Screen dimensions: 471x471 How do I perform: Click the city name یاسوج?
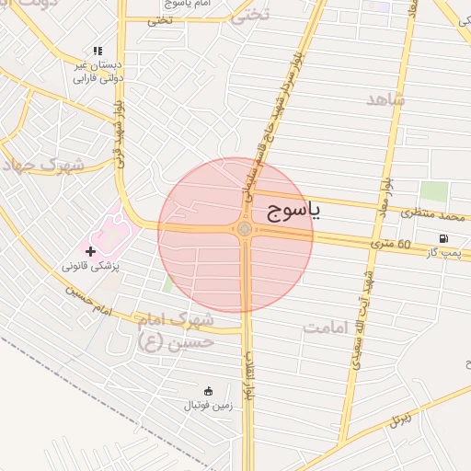tap(294, 212)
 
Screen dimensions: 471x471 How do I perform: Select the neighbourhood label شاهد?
tap(385, 98)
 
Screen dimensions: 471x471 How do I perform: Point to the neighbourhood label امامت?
tap(329, 327)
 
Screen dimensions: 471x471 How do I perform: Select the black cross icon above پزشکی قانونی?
tap(90, 250)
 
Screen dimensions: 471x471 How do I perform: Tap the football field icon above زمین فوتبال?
tap(207, 391)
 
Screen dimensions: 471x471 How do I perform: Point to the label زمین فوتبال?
tap(207, 405)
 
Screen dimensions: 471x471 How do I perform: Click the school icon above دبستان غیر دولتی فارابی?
tap(98, 52)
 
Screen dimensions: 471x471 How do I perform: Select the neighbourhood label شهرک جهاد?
tap(42, 166)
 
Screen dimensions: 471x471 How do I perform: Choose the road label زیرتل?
tap(397, 420)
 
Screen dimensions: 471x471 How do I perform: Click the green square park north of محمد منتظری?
tap(435, 192)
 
